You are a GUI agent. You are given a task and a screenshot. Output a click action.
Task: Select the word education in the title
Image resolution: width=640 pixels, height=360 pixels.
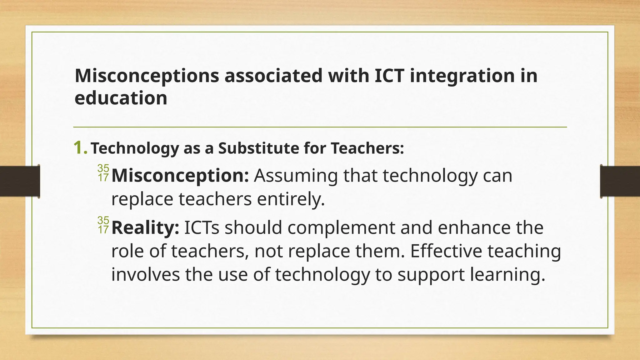[x=121, y=98]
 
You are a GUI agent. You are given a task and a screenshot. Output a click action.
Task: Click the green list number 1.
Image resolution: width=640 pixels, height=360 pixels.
[x=80, y=148]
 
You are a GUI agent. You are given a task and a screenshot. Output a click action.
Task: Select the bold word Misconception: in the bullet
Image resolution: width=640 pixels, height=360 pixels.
[x=180, y=176]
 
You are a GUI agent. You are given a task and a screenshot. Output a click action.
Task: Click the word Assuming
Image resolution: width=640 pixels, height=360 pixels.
[x=296, y=176]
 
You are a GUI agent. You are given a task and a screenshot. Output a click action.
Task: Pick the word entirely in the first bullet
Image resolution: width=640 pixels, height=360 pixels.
[x=291, y=199]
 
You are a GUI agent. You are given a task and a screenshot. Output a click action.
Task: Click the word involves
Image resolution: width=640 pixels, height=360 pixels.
[x=145, y=274]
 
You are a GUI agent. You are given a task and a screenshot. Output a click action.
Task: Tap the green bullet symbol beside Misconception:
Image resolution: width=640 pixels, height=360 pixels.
[x=103, y=173]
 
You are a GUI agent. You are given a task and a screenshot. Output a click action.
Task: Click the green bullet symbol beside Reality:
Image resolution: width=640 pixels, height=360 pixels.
[x=103, y=225]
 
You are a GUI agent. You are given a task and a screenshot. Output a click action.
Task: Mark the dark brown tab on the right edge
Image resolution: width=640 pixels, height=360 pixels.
[x=620, y=181]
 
